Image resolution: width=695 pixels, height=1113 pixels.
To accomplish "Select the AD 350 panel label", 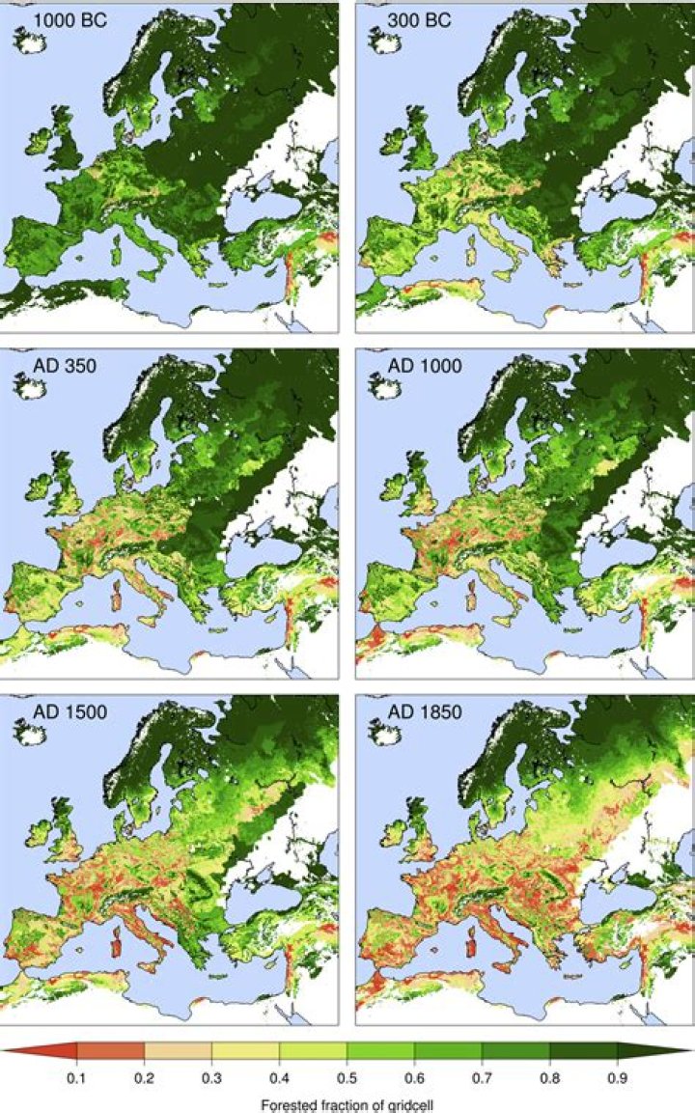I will click(51, 367).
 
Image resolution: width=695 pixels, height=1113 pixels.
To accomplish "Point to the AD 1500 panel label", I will click(55, 715).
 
